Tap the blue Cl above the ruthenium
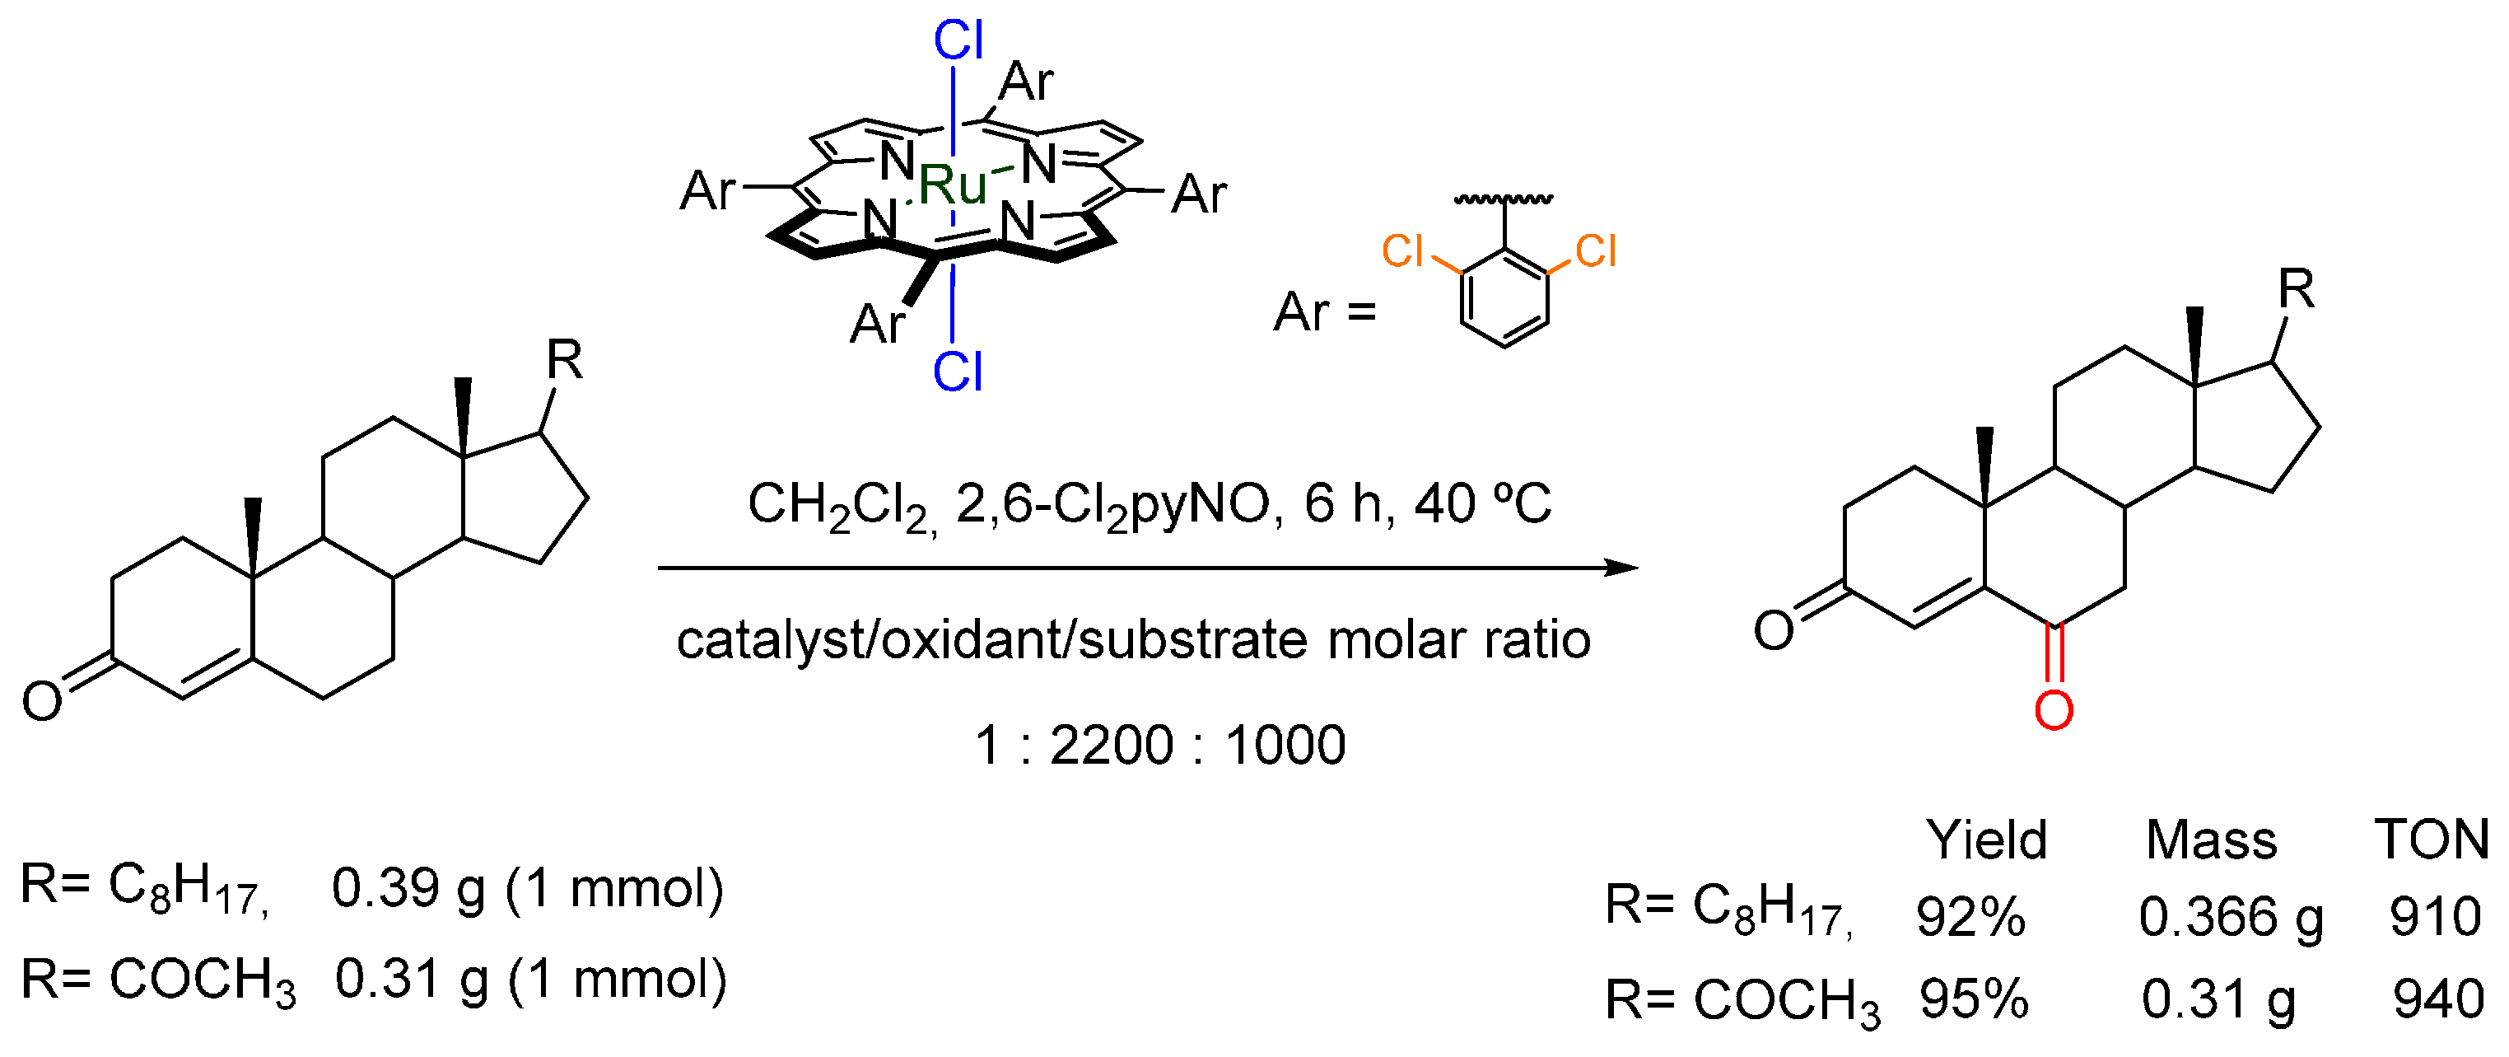coord(958,42)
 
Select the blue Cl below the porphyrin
coord(958,372)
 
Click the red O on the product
coord(2053,710)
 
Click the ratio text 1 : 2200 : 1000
coord(1159,746)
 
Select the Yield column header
coord(1986,839)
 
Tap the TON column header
coord(2431,839)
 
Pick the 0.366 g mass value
coord(2231,917)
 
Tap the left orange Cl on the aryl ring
coord(1402,251)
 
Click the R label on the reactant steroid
coord(564,361)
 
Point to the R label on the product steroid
coord(2296,289)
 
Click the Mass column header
coord(2211,839)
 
